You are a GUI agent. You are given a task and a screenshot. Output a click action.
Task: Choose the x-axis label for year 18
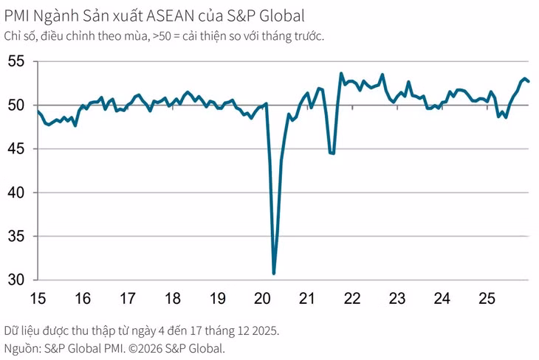point(172,299)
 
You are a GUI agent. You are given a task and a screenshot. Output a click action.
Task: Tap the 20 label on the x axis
point(262,299)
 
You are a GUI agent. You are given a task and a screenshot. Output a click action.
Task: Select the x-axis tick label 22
point(352,299)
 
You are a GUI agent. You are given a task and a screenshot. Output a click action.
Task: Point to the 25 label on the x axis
point(487,299)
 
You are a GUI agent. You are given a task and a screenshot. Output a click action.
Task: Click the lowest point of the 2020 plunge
point(274,274)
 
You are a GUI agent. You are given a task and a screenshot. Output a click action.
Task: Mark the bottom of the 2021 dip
point(332,153)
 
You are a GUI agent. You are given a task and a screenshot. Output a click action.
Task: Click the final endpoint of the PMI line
point(529,81)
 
